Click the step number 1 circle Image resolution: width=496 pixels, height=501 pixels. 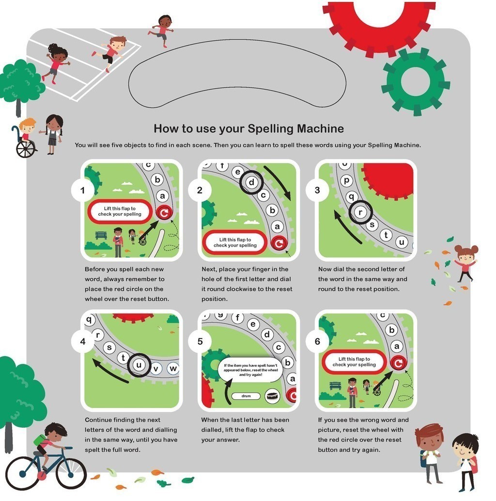tap(83, 190)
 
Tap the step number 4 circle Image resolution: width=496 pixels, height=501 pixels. tap(83, 341)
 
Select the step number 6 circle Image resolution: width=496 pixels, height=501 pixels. tap(317, 341)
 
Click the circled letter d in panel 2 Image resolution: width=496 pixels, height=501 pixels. tap(251, 183)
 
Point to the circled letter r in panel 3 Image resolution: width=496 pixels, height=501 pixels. tap(360, 212)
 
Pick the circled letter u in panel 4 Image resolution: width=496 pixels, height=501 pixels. tap(139, 365)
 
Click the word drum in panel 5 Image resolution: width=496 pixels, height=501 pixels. tap(246, 396)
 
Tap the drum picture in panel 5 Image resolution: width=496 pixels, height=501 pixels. tap(272, 396)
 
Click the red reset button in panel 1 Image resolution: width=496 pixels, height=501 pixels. tap(164, 213)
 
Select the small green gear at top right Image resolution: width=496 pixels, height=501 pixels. tap(416, 81)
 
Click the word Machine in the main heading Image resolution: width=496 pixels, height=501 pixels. tap(320, 128)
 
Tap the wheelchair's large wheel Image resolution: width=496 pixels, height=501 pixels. tap(26, 149)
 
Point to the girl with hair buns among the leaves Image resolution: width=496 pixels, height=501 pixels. tap(465, 262)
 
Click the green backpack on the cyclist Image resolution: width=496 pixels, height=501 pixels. tap(40, 440)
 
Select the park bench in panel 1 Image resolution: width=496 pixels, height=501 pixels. tap(101, 235)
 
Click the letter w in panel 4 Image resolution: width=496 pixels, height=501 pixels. tap(173, 368)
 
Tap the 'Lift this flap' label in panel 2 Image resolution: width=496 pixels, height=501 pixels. tap(235, 242)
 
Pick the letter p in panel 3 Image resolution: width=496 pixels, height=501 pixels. tap(346, 181)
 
